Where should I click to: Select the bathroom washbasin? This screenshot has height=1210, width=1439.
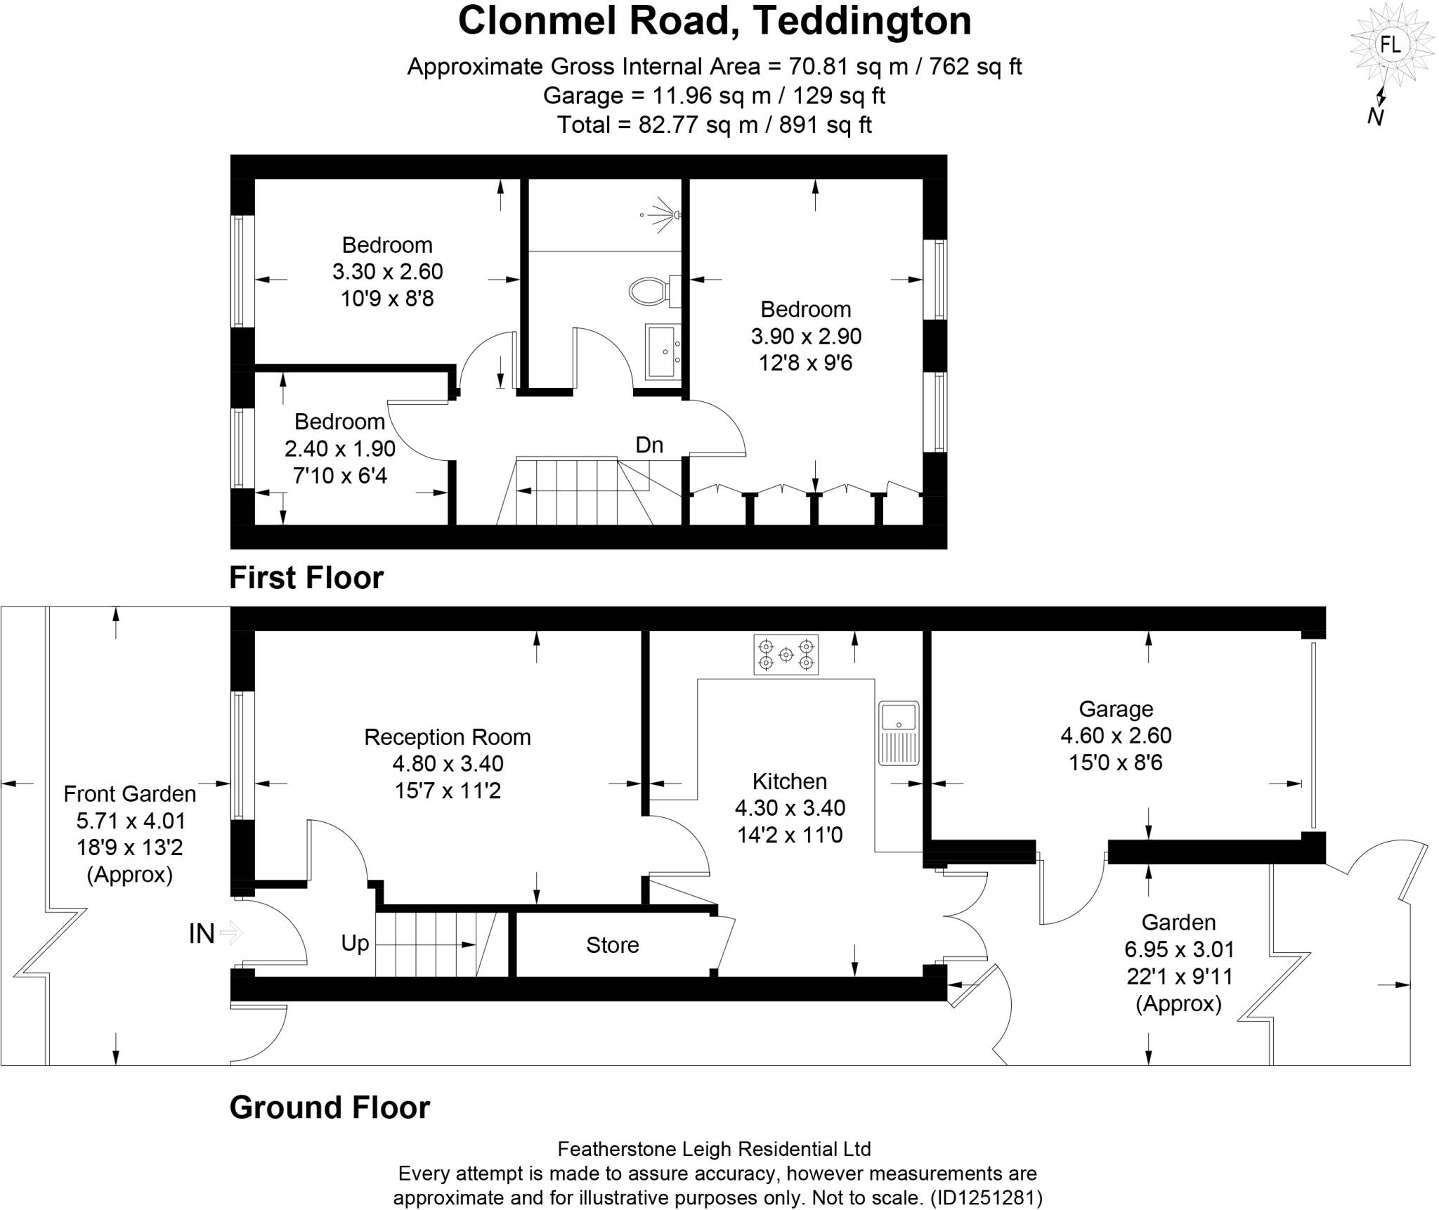click(661, 351)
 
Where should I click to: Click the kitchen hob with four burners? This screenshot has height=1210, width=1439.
click(786, 655)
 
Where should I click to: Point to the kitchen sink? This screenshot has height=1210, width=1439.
click(898, 731)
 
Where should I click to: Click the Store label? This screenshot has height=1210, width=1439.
click(612, 945)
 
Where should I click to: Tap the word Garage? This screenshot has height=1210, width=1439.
click(1115, 708)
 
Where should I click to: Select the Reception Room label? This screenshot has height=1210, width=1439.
click(447, 736)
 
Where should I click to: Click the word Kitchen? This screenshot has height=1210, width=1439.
click(789, 781)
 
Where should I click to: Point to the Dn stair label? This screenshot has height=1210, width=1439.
click(649, 445)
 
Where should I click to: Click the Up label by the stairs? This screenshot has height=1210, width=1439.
click(355, 943)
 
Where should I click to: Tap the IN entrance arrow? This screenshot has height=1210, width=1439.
click(230, 933)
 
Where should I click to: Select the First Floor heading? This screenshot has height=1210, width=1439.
click(306, 578)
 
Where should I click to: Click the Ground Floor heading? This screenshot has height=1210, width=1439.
click(330, 1107)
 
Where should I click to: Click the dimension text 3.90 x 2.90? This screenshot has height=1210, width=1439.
click(806, 337)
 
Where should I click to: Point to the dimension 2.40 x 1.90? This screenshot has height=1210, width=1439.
click(339, 448)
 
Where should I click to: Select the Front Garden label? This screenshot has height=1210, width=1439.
click(129, 793)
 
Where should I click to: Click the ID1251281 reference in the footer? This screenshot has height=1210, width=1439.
click(986, 1197)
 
